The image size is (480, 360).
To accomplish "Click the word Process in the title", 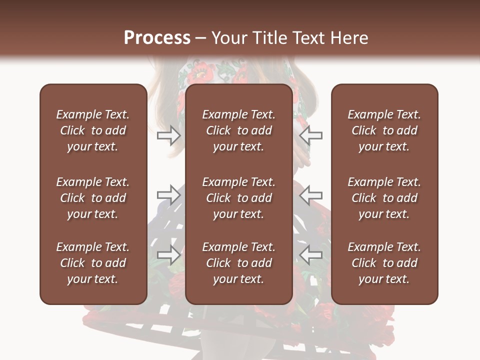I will [157, 38].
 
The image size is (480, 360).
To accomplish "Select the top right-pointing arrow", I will [168, 135].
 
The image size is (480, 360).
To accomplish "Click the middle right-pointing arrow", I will [168, 194].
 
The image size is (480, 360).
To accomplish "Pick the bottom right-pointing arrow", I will [168, 254].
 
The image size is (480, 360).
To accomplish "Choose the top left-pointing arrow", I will [311, 135].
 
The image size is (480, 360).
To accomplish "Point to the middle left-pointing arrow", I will [311, 194].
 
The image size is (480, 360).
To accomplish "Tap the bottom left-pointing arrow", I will [311, 254].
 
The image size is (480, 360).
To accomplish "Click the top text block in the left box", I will [93, 130].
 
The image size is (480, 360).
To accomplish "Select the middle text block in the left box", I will [93, 198].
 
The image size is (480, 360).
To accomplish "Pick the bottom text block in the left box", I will [93, 263].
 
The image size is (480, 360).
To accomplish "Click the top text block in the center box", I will [239, 130].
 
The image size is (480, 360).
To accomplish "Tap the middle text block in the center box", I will [239, 198].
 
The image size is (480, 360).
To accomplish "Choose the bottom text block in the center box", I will [239, 263].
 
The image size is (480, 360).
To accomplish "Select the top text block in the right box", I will [384, 130].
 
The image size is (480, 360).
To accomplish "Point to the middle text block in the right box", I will [384, 198].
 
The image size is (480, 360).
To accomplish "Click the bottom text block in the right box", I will [384, 263].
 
